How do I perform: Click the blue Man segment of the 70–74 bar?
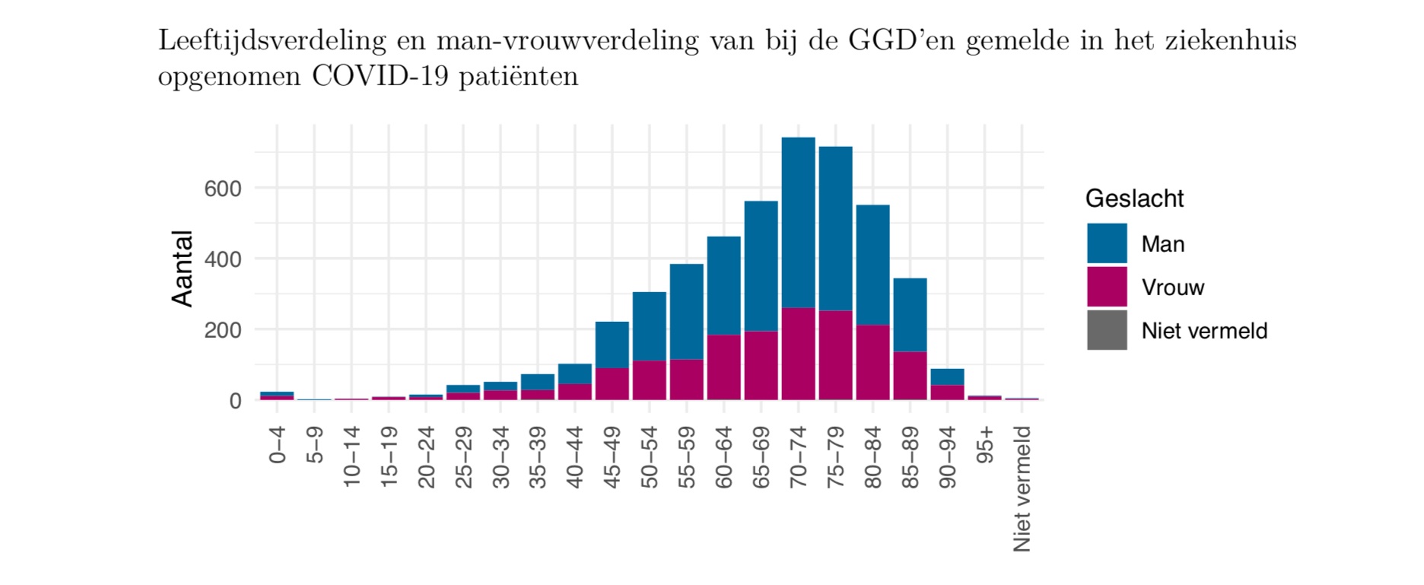click(x=798, y=222)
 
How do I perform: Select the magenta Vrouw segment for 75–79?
click(x=835, y=354)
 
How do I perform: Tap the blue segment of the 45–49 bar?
click(x=612, y=345)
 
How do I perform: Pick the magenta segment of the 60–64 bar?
click(x=723, y=367)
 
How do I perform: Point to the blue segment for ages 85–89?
click(x=910, y=314)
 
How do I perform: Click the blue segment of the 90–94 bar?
click(x=947, y=377)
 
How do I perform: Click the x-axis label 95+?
click(x=985, y=444)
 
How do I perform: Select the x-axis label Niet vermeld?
click(x=1022, y=488)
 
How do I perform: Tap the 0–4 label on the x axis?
click(x=278, y=445)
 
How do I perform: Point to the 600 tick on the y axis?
click(x=223, y=189)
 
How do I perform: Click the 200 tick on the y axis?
click(x=223, y=330)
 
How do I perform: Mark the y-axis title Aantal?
click(x=183, y=269)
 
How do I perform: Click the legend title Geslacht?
click(x=1134, y=199)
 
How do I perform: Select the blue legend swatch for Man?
click(x=1107, y=243)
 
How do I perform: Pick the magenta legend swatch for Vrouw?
click(x=1107, y=287)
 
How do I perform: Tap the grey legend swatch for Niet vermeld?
click(x=1107, y=330)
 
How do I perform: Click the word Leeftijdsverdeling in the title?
click(x=272, y=40)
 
